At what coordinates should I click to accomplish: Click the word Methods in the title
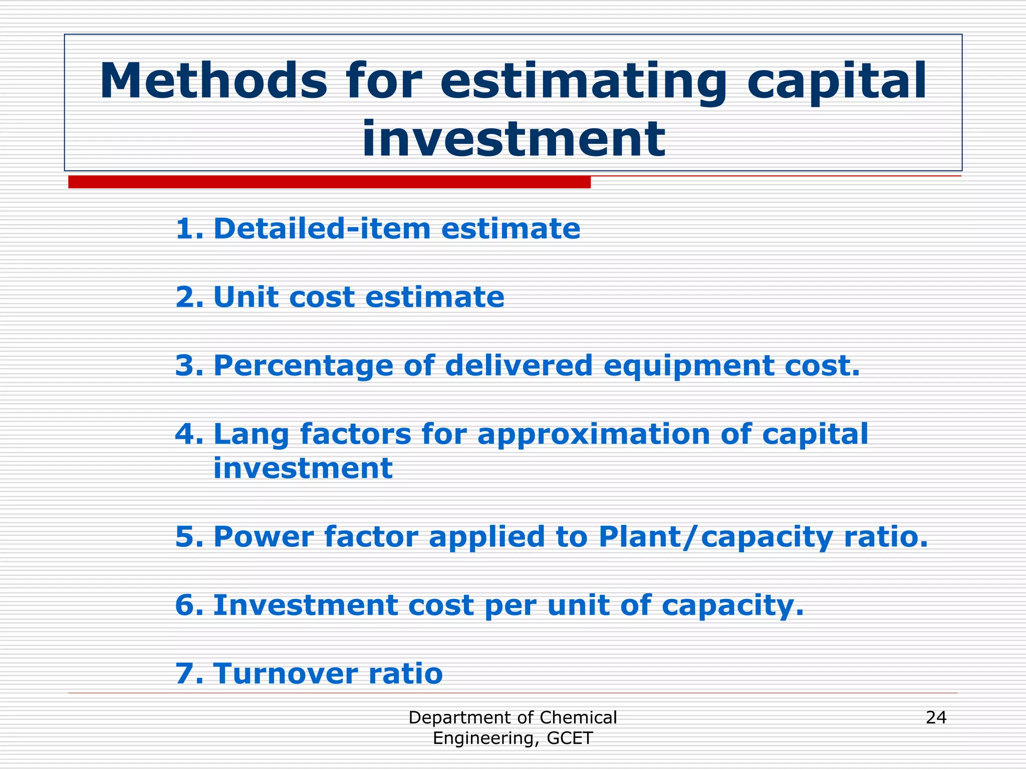(x=213, y=81)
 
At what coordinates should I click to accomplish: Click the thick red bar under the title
(x=329, y=182)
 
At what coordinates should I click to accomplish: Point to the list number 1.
(x=188, y=229)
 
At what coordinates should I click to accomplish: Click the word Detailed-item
(x=322, y=229)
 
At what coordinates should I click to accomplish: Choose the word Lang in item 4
(x=251, y=434)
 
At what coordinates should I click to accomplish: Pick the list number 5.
(x=188, y=537)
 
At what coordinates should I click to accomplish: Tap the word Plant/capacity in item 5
(x=715, y=537)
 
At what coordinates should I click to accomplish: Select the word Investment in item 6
(x=305, y=605)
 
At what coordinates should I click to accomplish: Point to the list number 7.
(x=188, y=673)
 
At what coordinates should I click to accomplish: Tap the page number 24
(x=936, y=718)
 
